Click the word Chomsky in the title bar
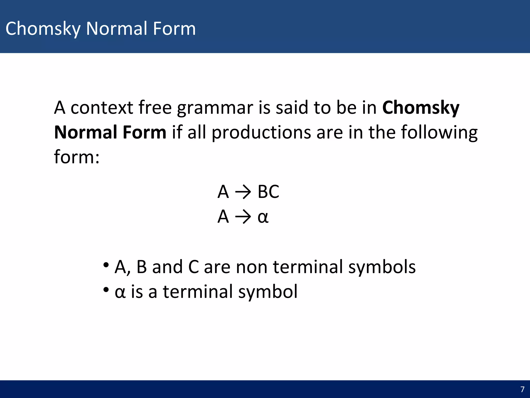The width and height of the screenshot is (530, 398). pos(43,29)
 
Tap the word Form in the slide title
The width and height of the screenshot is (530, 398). pos(174,29)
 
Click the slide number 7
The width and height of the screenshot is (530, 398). pos(522,389)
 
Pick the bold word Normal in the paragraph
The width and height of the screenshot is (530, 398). pos(86,132)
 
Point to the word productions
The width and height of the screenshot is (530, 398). pos(261,132)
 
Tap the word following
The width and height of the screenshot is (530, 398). pos(439,132)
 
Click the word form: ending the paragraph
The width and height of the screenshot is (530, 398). pos(77,157)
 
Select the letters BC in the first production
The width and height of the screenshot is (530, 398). pos(268,192)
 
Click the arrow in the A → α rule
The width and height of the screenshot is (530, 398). pos(243,217)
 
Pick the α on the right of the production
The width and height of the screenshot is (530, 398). pos(263,217)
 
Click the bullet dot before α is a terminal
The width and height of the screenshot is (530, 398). pos(106,289)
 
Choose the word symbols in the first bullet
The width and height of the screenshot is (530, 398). pos(382,267)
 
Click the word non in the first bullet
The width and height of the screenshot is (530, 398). pos(252,267)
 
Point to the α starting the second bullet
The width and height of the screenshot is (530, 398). pos(120,292)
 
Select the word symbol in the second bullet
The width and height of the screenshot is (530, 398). pos(268,292)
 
